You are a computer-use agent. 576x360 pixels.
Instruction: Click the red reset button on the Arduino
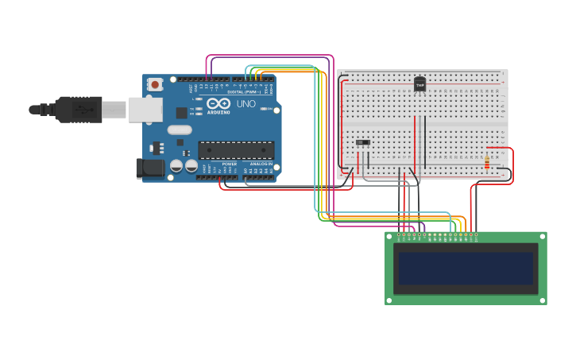click(155, 83)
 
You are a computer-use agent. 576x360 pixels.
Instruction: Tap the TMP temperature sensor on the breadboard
click(420, 83)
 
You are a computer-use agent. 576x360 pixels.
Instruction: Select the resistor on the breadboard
click(487, 162)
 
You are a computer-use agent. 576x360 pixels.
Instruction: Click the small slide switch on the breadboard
click(363, 143)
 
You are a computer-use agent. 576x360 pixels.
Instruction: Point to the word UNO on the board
click(246, 104)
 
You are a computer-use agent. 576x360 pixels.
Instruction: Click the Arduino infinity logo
click(218, 103)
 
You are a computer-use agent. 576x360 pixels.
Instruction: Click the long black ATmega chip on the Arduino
click(236, 149)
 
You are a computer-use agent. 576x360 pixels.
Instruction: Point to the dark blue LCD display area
click(466, 269)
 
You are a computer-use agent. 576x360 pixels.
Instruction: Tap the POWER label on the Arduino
click(229, 164)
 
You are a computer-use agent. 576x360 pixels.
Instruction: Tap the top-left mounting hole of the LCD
click(389, 236)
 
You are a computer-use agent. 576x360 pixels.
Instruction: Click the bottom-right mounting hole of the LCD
click(543, 300)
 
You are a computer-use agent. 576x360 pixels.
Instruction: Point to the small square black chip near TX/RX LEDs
click(182, 113)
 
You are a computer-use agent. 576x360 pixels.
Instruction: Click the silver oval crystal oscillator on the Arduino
click(180, 130)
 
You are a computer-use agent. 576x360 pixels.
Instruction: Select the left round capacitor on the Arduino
click(177, 166)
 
